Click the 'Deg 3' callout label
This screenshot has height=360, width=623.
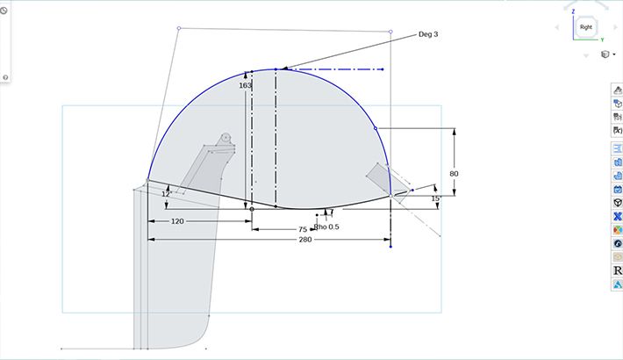[x=427, y=34]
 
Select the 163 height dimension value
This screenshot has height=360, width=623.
[x=245, y=86]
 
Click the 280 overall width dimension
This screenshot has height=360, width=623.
[x=304, y=239]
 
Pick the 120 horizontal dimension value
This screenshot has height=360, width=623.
[x=177, y=221]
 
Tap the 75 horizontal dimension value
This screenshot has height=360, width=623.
[x=302, y=228]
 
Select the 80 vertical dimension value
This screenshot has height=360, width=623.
[x=454, y=174]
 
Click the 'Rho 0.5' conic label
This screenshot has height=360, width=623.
[x=326, y=227]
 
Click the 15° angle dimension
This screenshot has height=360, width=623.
[x=435, y=198]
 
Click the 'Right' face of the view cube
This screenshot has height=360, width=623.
[x=585, y=28]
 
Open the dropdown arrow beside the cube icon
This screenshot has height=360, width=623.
[x=613, y=54]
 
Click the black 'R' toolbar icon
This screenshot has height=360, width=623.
[x=618, y=270]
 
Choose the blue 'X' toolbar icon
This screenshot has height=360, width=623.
[x=618, y=216]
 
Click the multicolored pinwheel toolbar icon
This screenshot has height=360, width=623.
[x=618, y=230]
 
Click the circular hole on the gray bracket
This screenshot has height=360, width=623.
[x=226, y=137]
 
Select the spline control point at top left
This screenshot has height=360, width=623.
[x=179, y=28]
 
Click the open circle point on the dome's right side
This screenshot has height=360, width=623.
[x=376, y=128]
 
